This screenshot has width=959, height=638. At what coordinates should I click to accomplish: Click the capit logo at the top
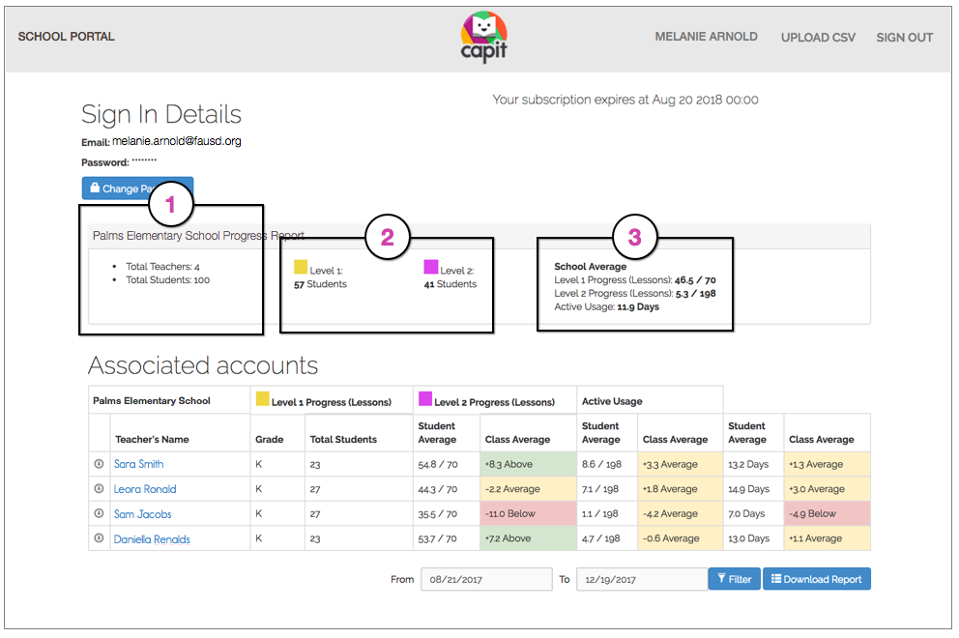[483, 37]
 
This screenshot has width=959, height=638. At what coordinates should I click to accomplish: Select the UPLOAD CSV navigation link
[818, 38]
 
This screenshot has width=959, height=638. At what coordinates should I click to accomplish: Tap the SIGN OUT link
[904, 38]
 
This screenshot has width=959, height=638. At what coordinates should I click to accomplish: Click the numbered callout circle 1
[171, 205]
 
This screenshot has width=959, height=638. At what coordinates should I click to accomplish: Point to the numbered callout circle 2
[388, 238]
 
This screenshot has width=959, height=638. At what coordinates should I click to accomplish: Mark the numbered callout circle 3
[634, 238]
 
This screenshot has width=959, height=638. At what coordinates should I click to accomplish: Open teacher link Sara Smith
[138, 464]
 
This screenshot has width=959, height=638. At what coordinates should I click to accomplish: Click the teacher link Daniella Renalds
[152, 539]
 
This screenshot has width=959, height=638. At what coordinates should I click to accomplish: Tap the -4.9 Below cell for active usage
[828, 514]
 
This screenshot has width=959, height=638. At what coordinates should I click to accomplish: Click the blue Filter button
[734, 579]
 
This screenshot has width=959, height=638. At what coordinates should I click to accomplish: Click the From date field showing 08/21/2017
[485, 579]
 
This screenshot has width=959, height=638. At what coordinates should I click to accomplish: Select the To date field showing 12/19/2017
[641, 579]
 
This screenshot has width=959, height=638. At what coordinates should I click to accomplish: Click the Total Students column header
[343, 439]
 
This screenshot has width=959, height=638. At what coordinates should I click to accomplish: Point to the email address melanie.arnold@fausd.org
[176, 141]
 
